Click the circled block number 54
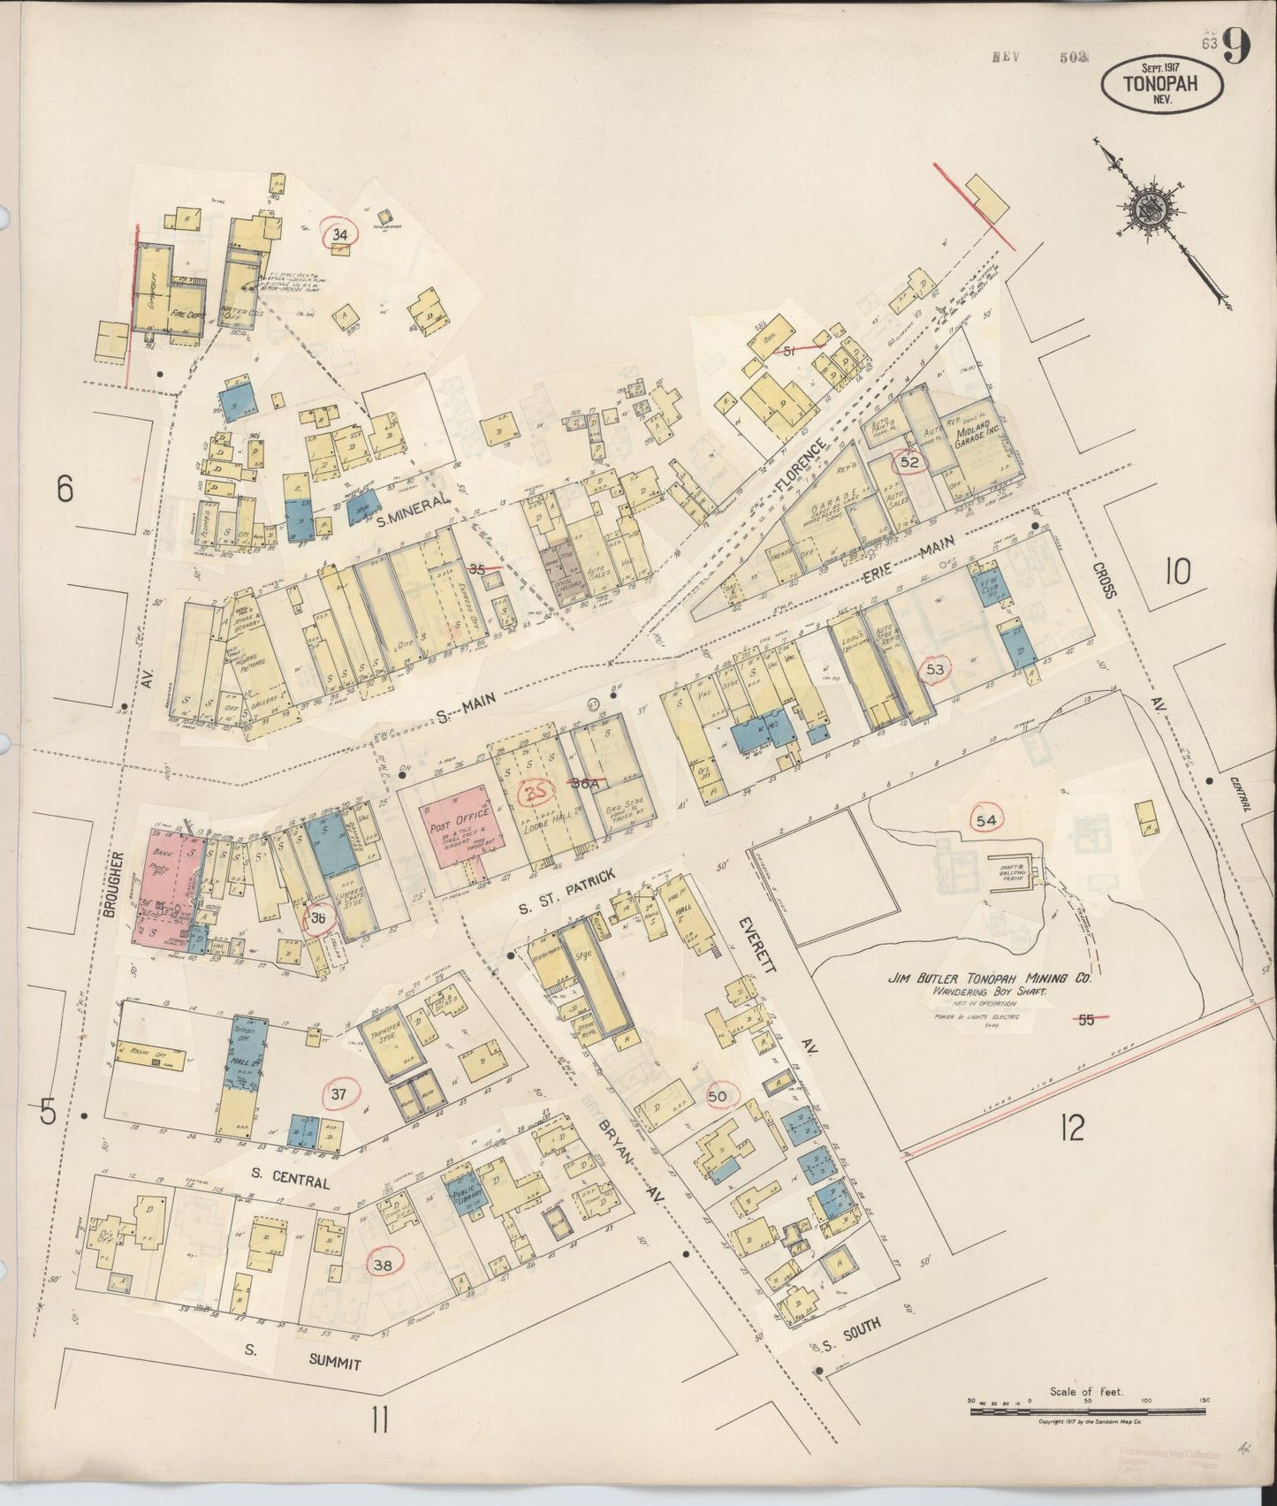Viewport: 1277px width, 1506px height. (988, 819)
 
